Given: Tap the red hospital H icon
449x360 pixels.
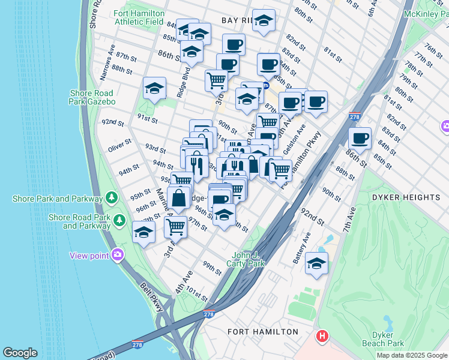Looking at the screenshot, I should point(322,335).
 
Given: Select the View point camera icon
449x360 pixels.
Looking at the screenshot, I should point(118,255).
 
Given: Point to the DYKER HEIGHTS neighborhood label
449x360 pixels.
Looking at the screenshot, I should point(406,197).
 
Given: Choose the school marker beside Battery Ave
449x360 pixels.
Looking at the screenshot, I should point(316,263).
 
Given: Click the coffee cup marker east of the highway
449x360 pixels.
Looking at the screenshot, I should point(360,138).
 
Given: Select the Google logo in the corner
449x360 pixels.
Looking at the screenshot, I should point(20,353).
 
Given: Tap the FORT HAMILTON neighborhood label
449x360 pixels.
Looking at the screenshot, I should point(263,332).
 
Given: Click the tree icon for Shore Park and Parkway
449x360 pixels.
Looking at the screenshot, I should point(111,197).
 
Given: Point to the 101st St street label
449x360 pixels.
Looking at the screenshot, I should point(196,295).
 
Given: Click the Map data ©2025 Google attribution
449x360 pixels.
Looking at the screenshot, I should point(412,355).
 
